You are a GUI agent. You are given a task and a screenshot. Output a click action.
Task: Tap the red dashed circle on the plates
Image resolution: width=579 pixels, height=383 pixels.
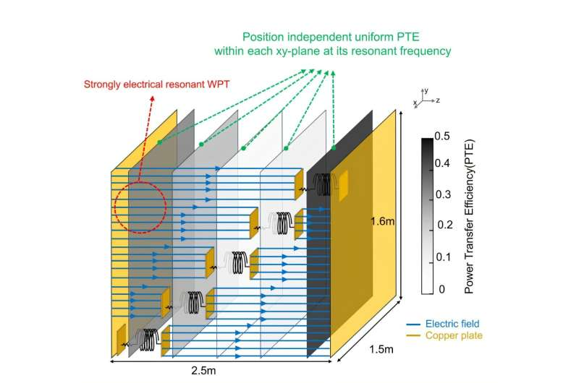pyautogui.click(x=140, y=207)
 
